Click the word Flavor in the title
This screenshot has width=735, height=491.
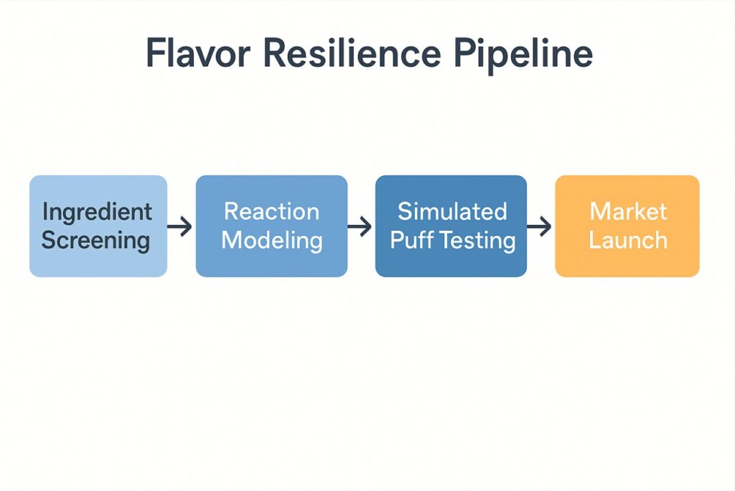click(x=198, y=52)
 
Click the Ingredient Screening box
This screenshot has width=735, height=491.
click(x=98, y=226)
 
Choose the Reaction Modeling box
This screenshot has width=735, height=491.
click(x=271, y=226)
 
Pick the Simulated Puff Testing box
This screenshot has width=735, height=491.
click(x=451, y=226)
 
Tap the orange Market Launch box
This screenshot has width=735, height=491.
click(x=627, y=226)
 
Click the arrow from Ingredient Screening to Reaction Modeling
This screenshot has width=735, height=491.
click(x=179, y=226)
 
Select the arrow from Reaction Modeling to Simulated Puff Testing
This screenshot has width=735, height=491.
click(x=360, y=226)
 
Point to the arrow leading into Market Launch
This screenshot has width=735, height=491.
click(x=539, y=226)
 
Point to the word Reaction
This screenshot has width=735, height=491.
click(x=271, y=211)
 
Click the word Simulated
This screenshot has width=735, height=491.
click(x=452, y=211)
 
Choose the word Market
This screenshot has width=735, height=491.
click(x=628, y=211)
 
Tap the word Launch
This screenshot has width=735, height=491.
click(x=628, y=240)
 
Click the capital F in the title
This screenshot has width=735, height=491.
click(x=156, y=53)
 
